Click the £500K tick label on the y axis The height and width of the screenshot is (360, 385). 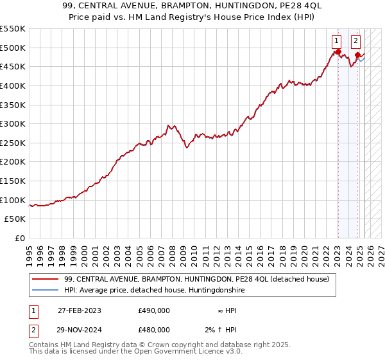[13, 48]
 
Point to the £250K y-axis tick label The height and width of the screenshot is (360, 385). [13, 143]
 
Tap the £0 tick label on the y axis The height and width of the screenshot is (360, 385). [19, 238]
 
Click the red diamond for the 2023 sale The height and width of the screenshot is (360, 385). [338, 51]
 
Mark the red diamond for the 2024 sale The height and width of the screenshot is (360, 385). [357, 55]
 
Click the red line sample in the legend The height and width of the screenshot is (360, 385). [44, 279]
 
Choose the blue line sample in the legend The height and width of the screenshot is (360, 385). [44, 291]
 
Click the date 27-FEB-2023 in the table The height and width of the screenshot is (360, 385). [79, 310]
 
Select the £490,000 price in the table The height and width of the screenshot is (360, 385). [153, 310]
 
